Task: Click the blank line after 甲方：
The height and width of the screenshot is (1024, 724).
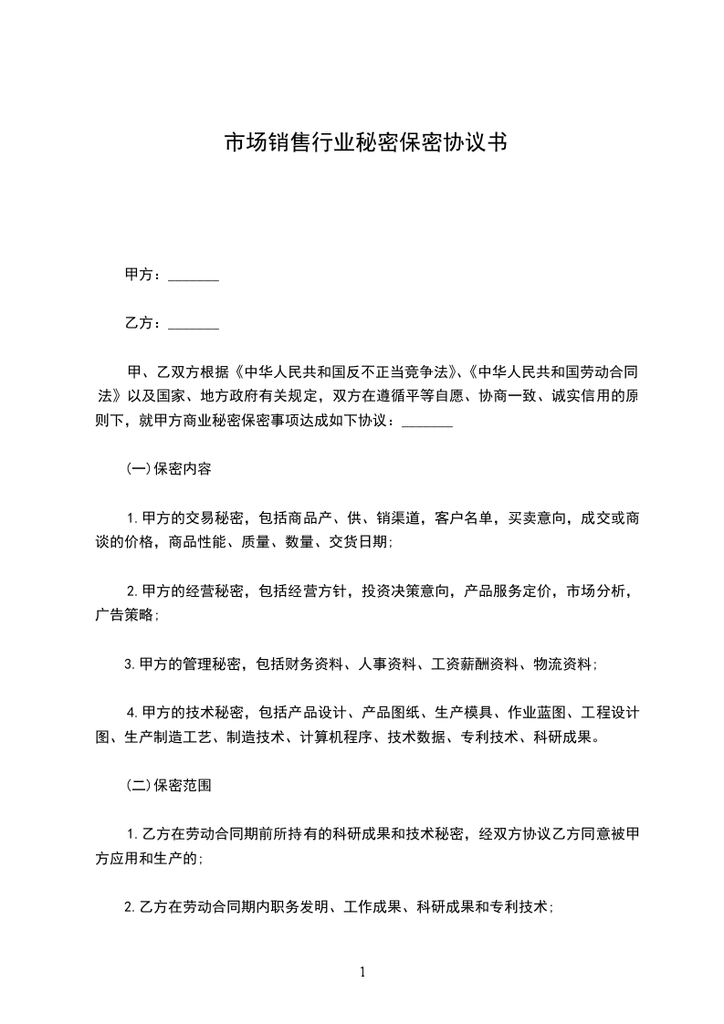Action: (194, 275)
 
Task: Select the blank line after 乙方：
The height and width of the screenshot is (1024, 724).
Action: (194, 323)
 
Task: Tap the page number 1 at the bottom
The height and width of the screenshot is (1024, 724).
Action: (362, 972)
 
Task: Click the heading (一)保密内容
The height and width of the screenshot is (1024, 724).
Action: (169, 470)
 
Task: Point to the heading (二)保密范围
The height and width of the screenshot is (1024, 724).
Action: (169, 784)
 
